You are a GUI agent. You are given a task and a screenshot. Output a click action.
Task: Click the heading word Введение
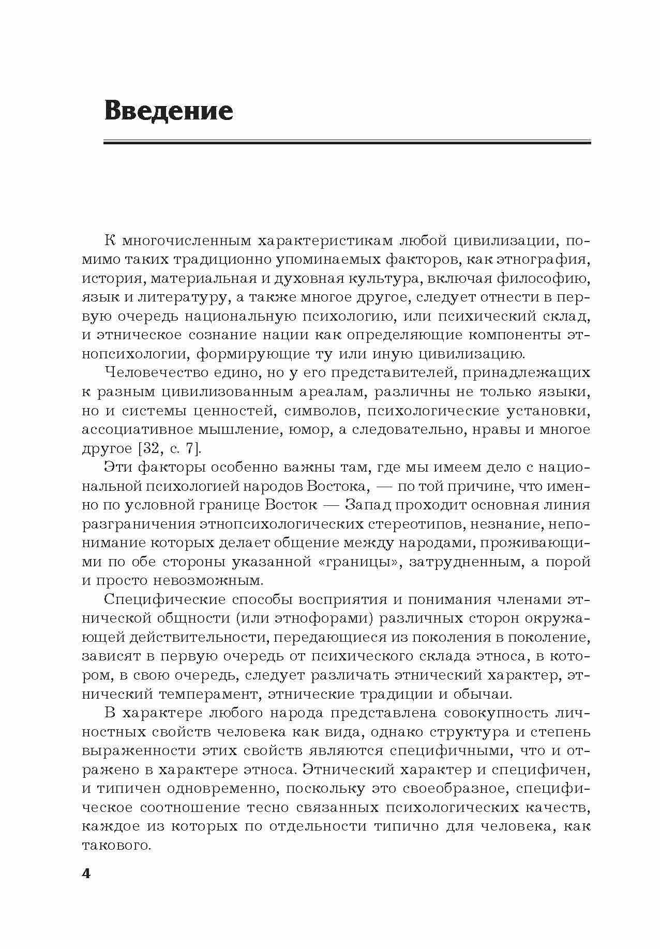[x=169, y=111]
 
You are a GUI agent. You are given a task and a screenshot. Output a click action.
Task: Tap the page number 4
[x=86, y=873]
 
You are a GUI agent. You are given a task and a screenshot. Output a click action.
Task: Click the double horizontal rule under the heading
[x=347, y=141]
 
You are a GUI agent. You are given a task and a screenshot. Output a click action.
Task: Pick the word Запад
[x=366, y=504]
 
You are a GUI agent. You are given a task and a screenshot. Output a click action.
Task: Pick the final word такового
[x=115, y=845]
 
